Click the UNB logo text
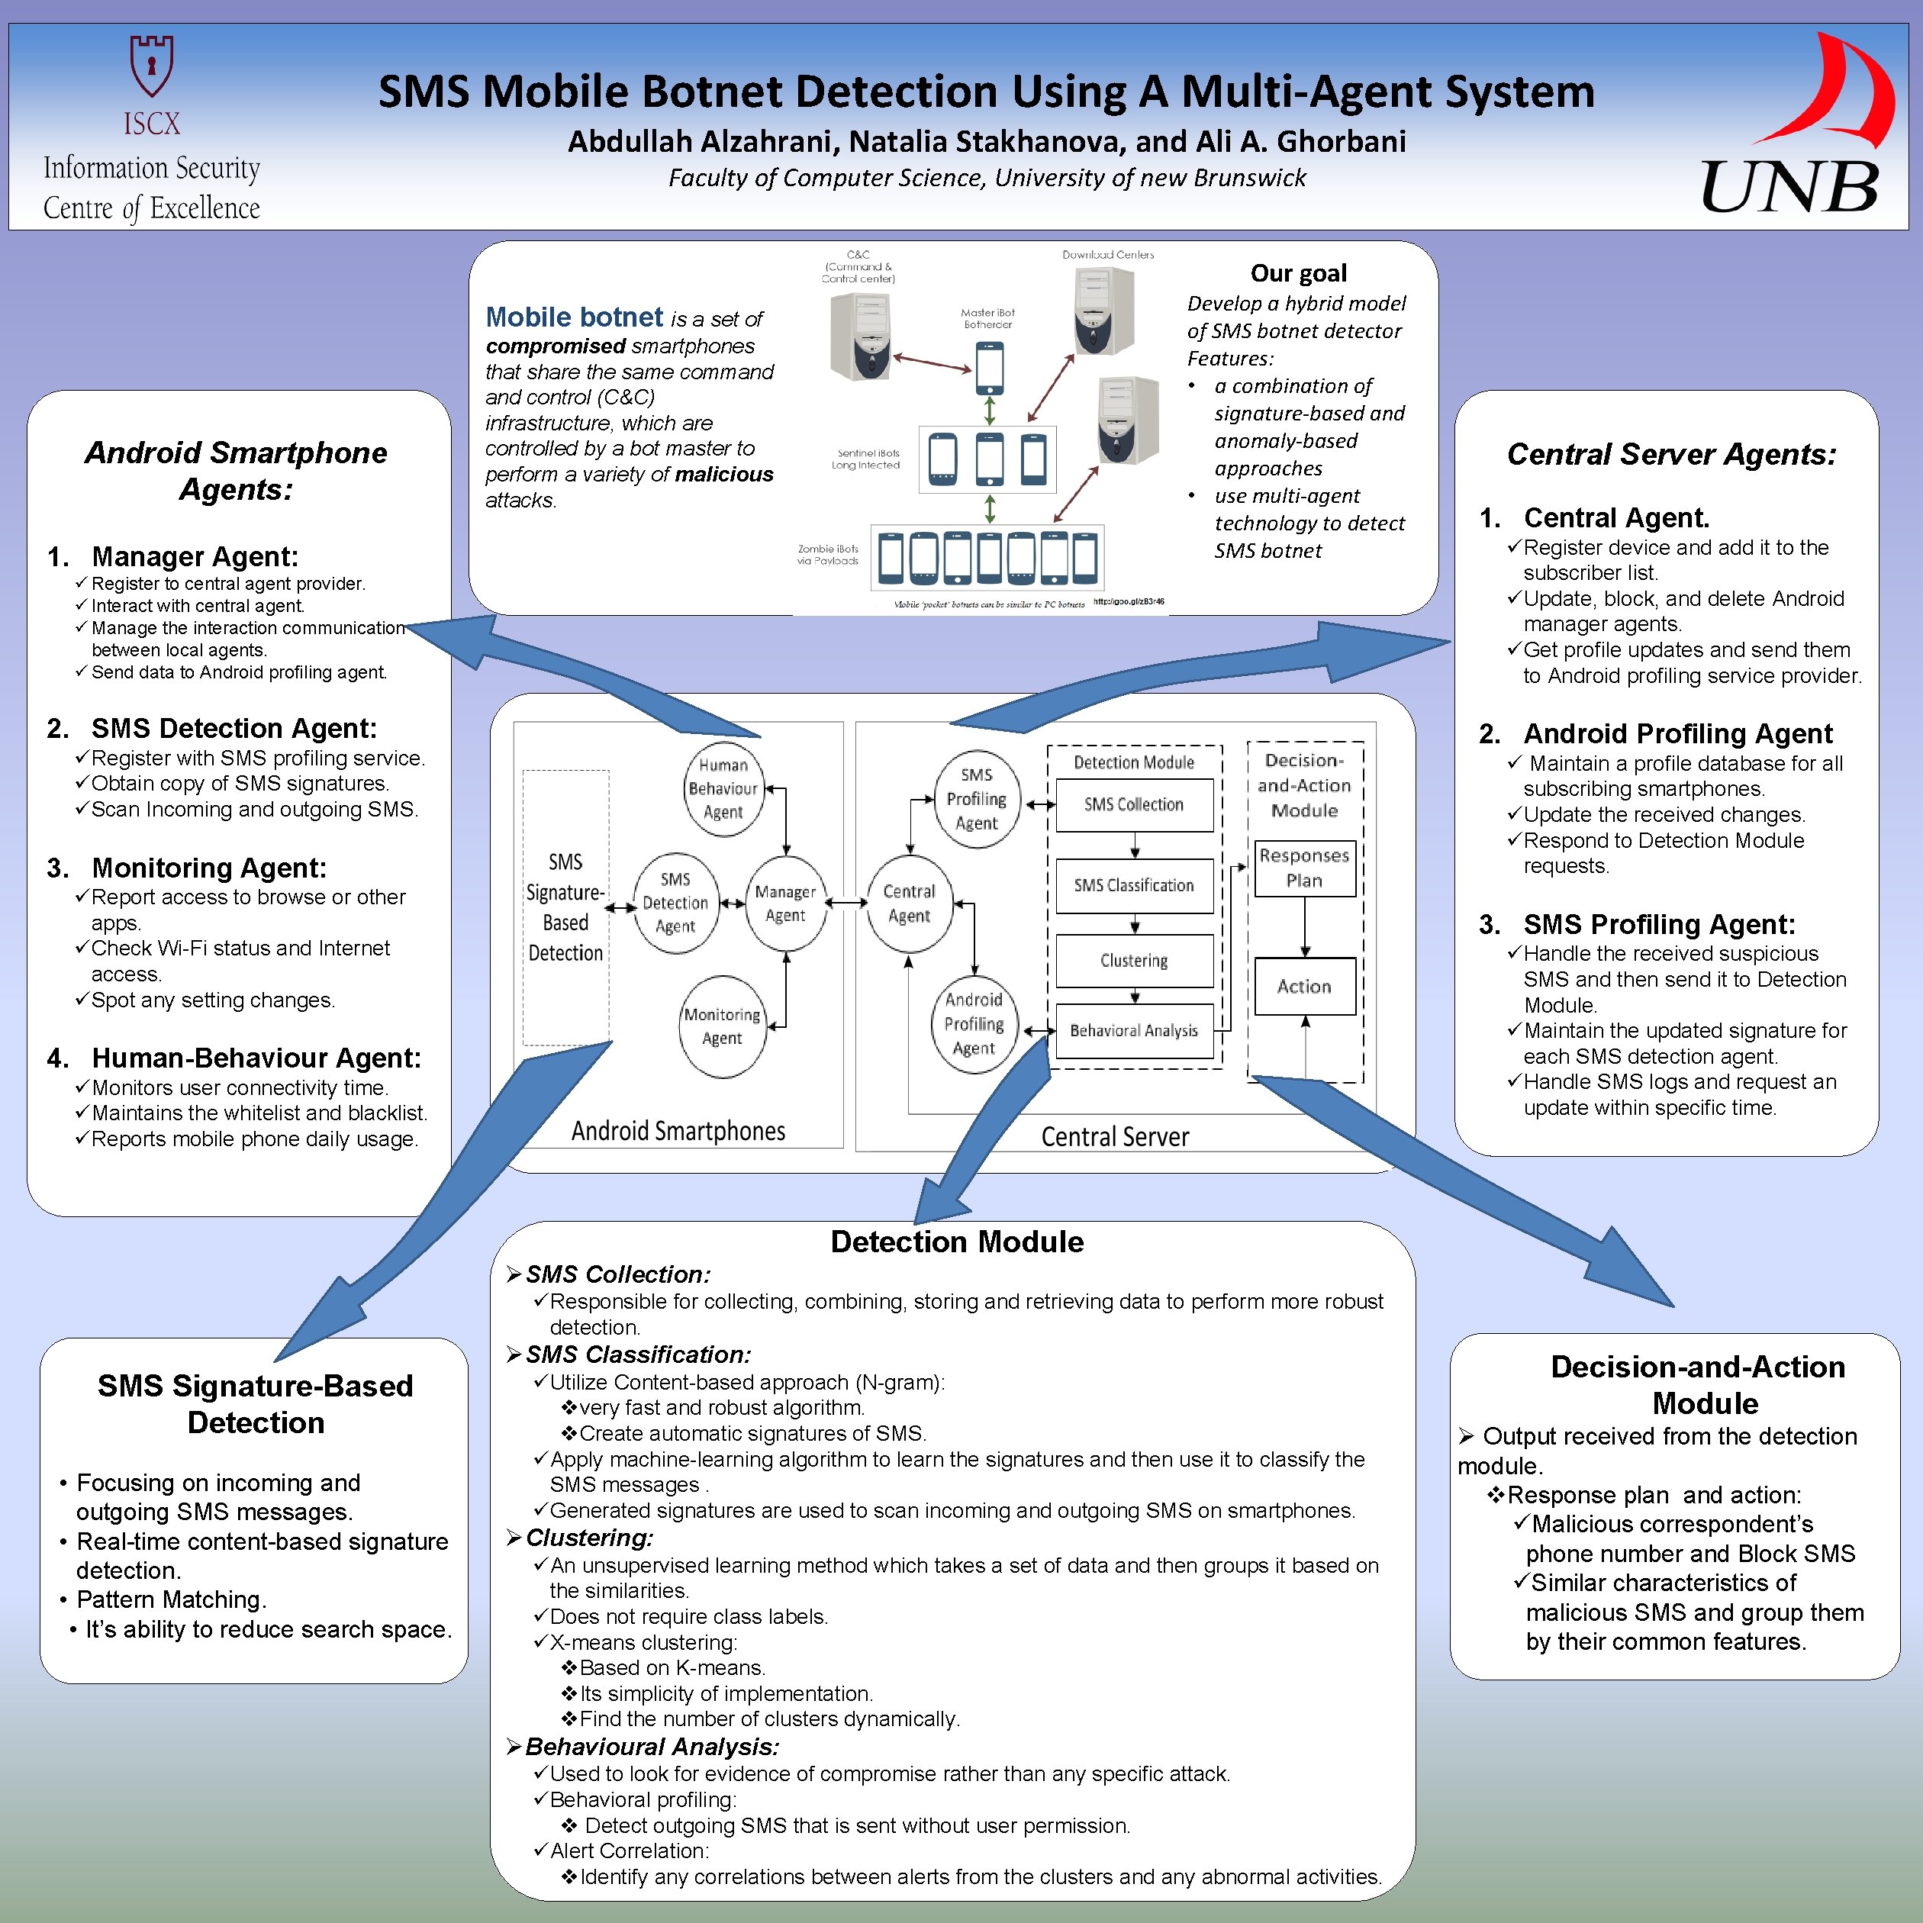coord(1789,186)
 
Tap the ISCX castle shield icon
coord(151,65)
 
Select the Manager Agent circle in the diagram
coord(785,903)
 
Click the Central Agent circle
coord(909,903)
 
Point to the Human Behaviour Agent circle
coord(723,788)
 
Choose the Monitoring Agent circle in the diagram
coord(722,1026)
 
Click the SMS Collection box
coord(1134,804)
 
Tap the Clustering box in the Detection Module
coord(1134,961)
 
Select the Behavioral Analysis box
coord(1134,1030)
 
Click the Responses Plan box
coord(1304,868)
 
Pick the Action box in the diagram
coord(1304,987)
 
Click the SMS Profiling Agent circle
coord(977,798)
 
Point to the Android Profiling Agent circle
coord(974,1023)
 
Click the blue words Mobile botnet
coord(573,317)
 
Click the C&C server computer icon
coord(860,337)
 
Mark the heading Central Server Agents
coord(1671,454)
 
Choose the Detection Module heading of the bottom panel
coord(956,1242)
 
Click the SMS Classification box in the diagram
coord(1134,885)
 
